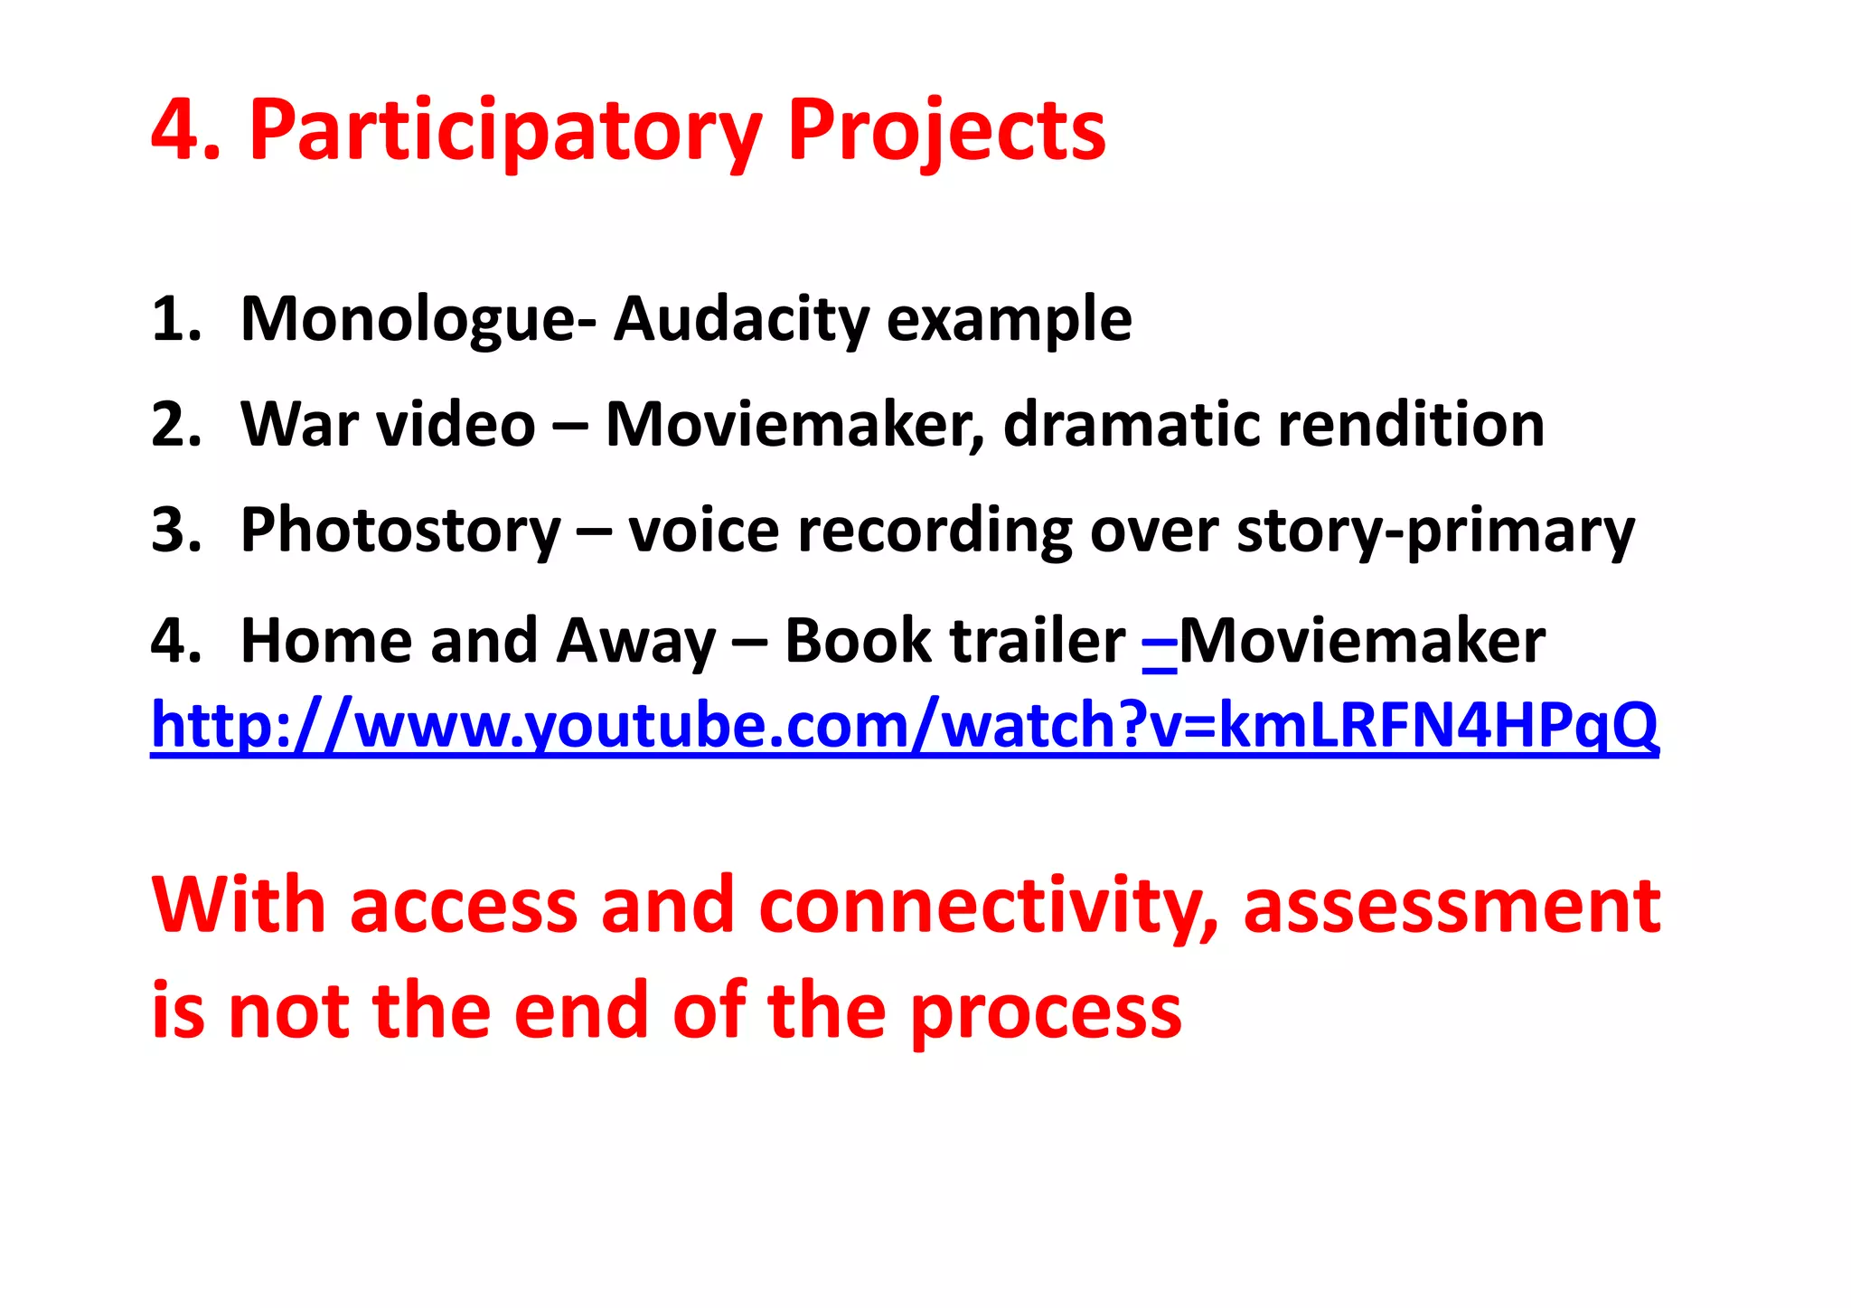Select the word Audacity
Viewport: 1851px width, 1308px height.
[740, 321]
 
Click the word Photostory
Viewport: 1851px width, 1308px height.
[400, 532]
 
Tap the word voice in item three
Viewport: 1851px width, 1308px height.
[703, 532]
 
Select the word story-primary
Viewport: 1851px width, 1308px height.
[1435, 532]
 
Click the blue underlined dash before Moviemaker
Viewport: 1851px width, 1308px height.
[1160, 644]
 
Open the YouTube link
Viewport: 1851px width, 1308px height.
[904, 726]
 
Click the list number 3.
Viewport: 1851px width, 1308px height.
[175, 532]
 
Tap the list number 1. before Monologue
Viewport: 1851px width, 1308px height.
[175, 321]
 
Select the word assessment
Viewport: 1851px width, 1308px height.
[1452, 907]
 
